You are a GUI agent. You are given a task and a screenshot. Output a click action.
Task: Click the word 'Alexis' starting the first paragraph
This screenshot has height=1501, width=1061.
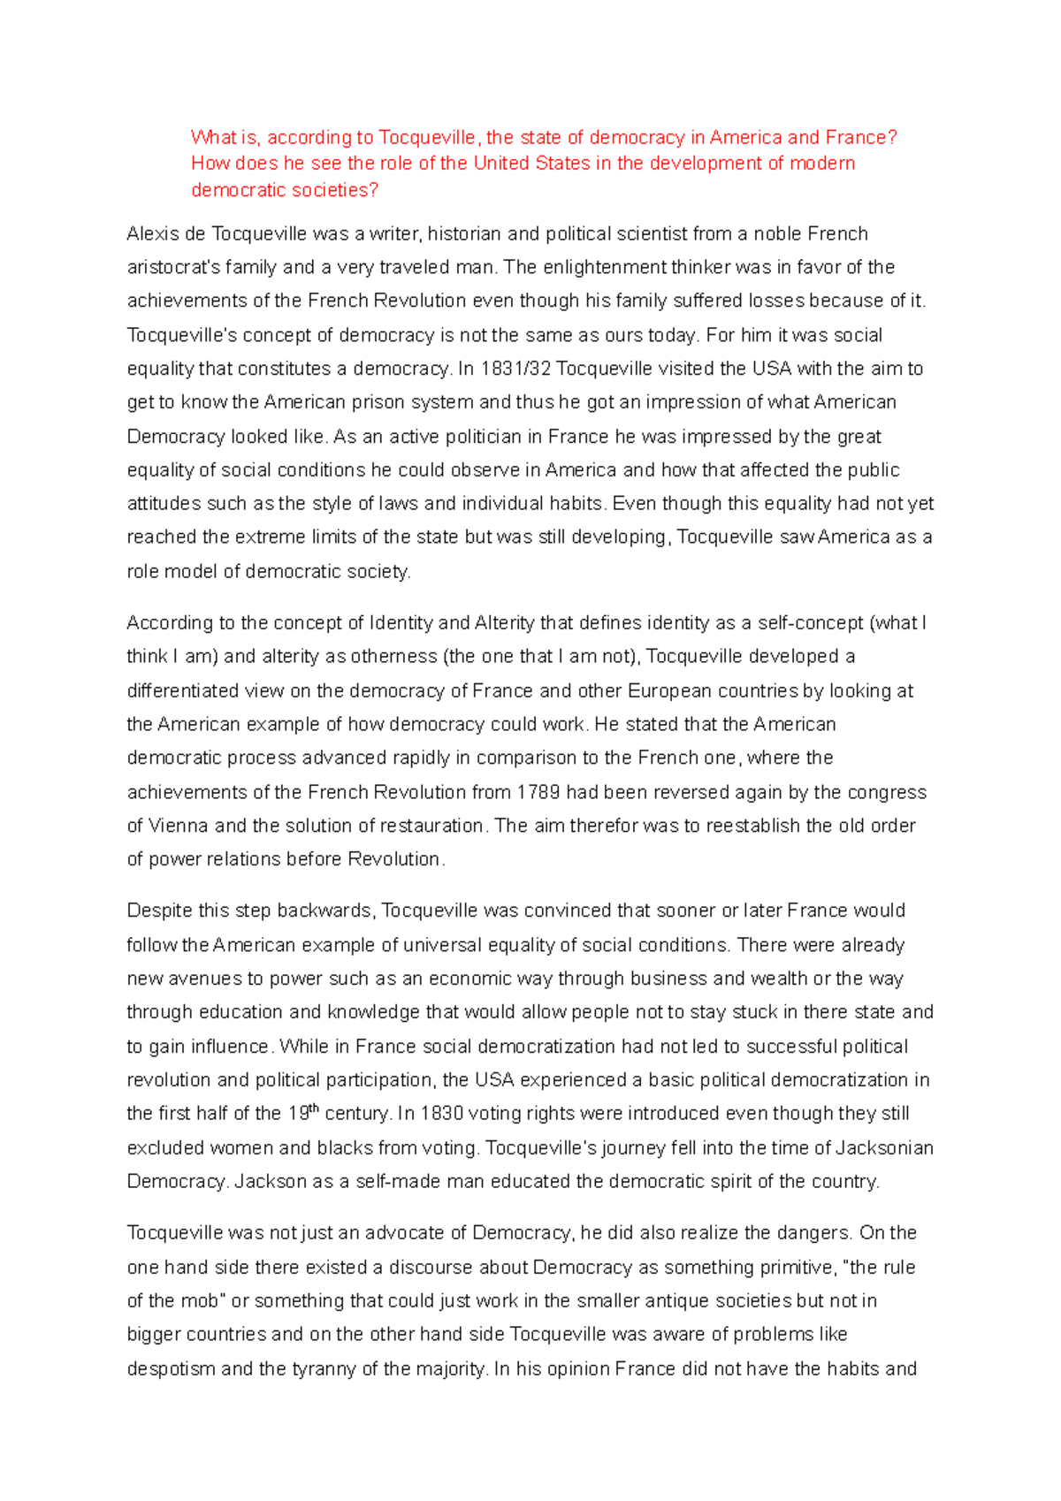154,234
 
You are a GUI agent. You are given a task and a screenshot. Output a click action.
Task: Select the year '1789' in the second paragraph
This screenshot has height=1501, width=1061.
538,792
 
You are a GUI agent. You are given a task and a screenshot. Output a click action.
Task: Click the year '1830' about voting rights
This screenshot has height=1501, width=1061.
441,1114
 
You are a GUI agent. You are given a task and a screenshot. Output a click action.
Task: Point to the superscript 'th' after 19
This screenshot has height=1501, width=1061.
314,1109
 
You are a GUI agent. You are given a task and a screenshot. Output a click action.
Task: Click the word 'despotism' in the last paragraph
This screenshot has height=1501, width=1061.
171,1369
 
